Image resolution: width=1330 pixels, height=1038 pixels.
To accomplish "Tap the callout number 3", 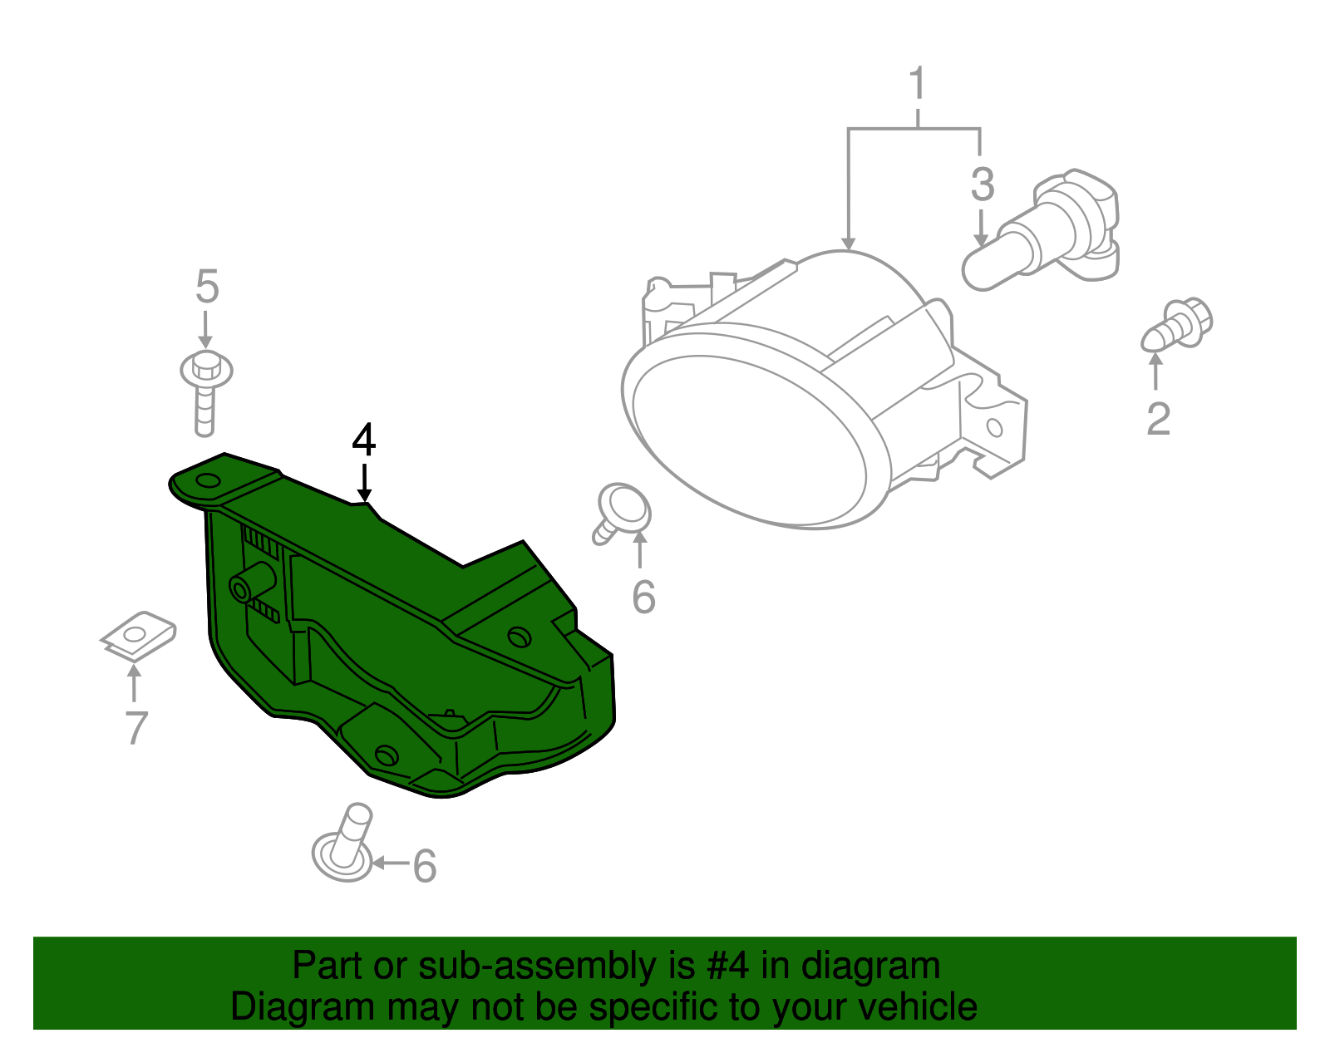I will click(983, 184).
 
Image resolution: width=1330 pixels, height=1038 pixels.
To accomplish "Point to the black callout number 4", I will click(364, 440).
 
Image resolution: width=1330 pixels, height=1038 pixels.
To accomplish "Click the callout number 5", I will click(207, 287).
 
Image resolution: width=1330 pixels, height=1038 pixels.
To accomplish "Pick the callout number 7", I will click(136, 727).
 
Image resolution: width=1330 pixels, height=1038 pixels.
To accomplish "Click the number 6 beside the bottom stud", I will click(424, 866).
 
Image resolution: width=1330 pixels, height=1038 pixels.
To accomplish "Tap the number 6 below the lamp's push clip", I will click(643, 598).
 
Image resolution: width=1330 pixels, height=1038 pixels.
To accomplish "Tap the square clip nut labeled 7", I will click(137, 637).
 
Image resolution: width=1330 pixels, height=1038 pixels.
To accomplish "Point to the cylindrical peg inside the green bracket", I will click(254, 582).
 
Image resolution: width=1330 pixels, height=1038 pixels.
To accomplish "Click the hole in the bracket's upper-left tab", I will click(206, 480).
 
